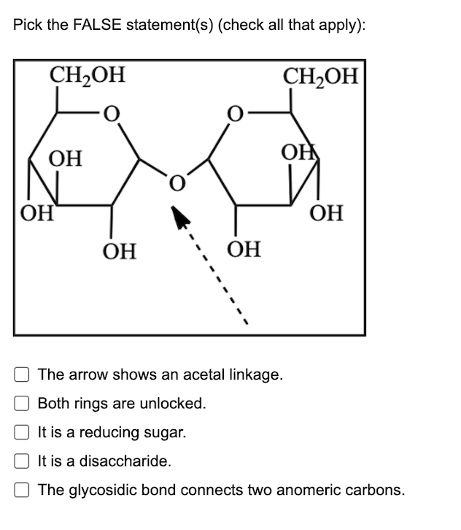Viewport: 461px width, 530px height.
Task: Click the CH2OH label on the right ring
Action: (321, 76)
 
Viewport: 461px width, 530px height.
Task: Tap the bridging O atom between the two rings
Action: (175, 180)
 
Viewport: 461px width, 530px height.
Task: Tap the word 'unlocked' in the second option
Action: (177, 404)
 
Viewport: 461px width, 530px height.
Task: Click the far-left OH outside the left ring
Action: (34, 214)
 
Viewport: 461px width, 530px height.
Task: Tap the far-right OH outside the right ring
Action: (325, 214)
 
